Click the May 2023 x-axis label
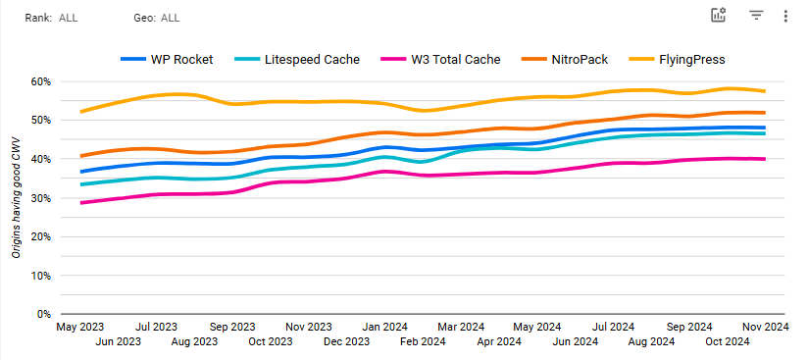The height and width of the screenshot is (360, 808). (80, 327)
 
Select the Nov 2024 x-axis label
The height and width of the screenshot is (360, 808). (765, 327)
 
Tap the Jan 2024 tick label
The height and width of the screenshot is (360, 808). (384, 327)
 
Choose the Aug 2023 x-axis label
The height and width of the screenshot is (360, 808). (194, 342)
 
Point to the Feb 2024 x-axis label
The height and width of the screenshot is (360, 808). (423, 342)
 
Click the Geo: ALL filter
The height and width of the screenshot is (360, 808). (157, 18)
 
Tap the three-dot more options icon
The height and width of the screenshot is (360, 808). (785, 16)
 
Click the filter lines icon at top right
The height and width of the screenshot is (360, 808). (756, 16)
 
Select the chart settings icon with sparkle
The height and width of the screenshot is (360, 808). (719, 15)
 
